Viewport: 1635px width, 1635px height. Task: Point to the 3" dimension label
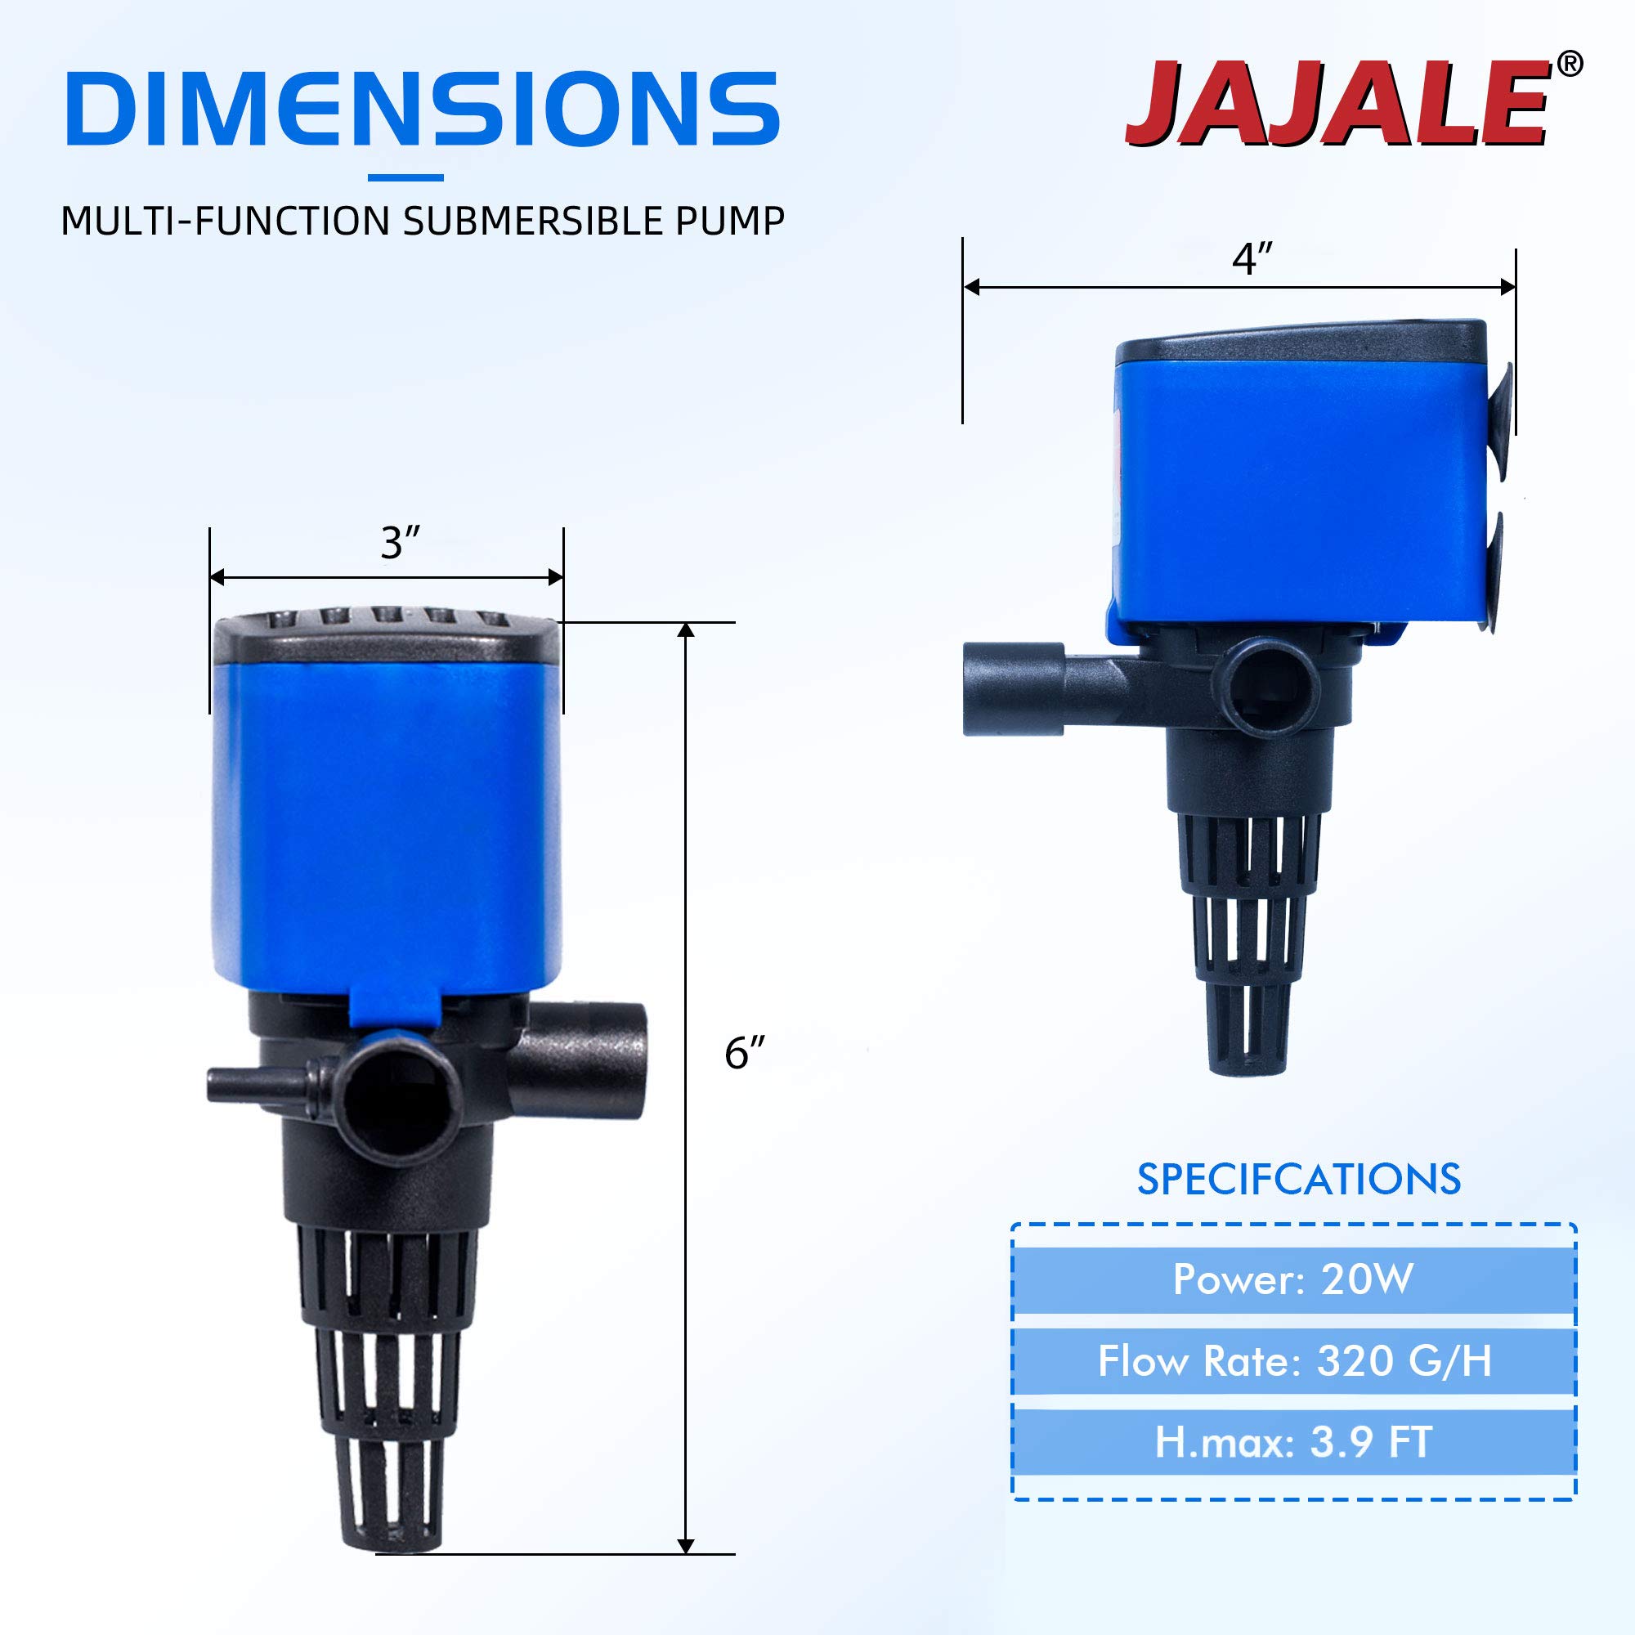click(400, 543)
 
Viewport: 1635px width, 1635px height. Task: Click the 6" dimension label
click(744, 1053)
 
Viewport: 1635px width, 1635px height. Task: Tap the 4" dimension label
click(1252, 258)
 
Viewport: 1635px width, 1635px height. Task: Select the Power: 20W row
click(1293, 1279)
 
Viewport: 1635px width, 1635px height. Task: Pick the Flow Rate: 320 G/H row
click(1293, 1361)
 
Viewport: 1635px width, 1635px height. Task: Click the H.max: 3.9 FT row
click(1293, 1442)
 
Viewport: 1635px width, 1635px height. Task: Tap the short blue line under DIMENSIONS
click(405, 177)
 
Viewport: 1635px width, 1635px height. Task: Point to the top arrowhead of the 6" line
click(687, 629)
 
